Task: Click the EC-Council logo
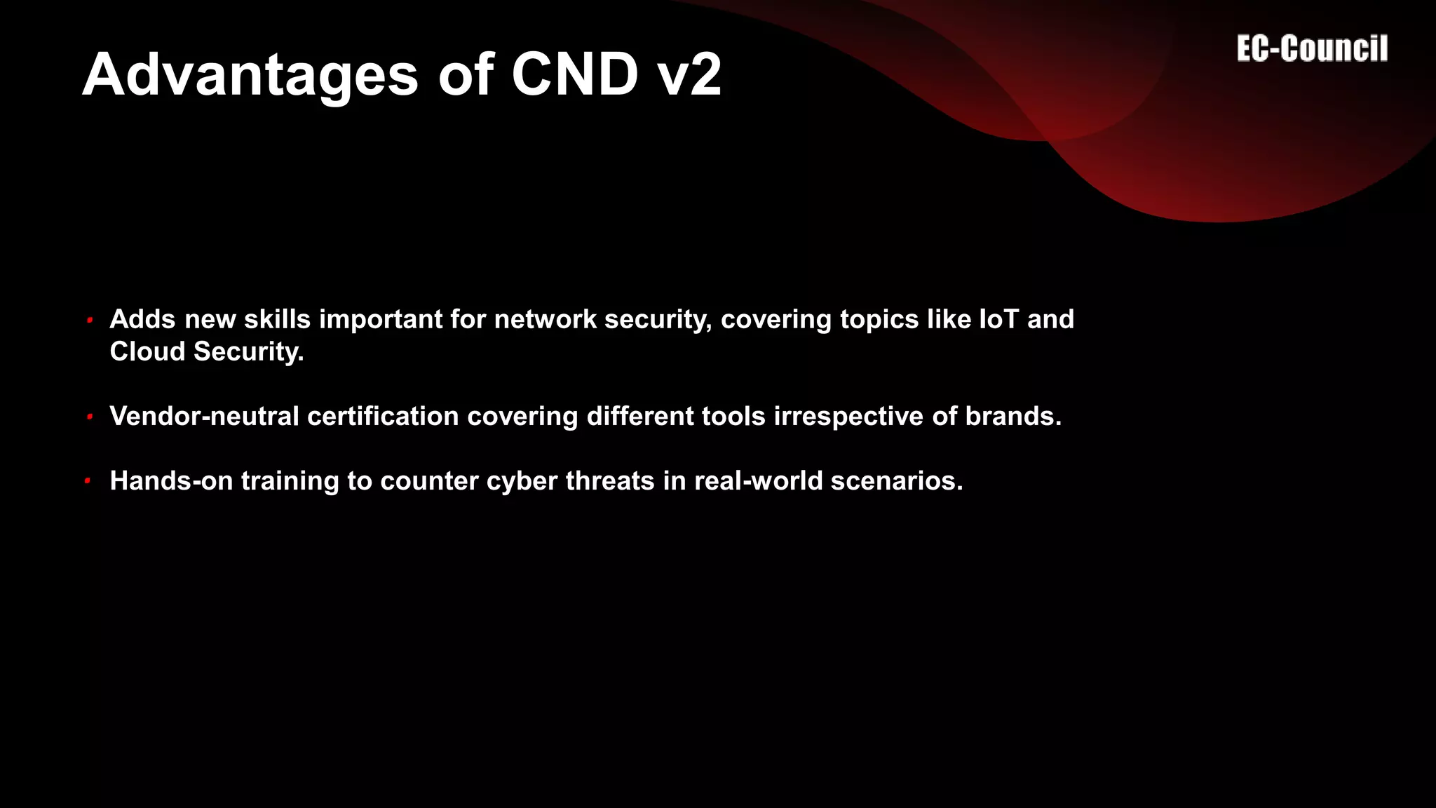tap(1312, 49)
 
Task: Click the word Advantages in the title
tap(250, 75)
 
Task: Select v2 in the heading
tap(691, 75)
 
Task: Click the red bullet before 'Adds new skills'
tap(90, 321)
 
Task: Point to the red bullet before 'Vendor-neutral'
tap(90, 417)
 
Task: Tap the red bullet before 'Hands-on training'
tap(88, 481)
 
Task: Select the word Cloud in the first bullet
tap(147, 351)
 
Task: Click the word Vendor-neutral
tap(204, 416)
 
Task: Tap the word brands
tap(1013, 416)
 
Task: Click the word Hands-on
tap(171, 480)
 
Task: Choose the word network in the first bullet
tap(546, 319)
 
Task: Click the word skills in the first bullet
tap(277, 319)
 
